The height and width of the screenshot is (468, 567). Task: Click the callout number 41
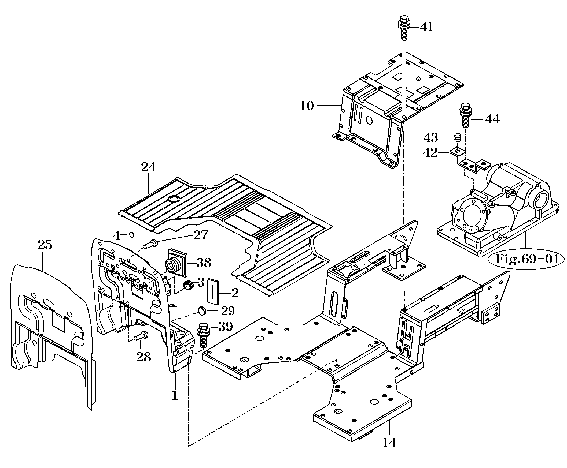[x=426, y=27]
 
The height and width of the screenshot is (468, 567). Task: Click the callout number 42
[x=430, y=153]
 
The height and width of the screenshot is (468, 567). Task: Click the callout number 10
[x=307, y=106]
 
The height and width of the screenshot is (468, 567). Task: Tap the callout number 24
[x=148, y=167]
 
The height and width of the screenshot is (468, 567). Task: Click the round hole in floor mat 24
[x=173, y=199]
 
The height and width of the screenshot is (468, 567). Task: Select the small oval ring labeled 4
[x=131, y=235]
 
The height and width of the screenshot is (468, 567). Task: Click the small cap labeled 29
[x=202, y=310]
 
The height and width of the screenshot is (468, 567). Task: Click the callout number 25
[x=45, y=245]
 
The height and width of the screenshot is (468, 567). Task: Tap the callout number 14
[x=389, y=442]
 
